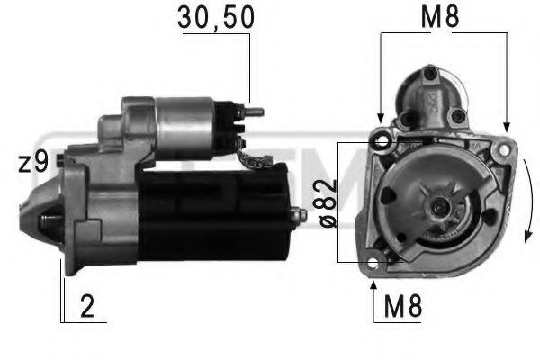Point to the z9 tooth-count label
pos(32,163)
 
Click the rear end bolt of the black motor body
pos(296,215)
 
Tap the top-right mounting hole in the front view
pos(506,145)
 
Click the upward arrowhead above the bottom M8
pos(374,285)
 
